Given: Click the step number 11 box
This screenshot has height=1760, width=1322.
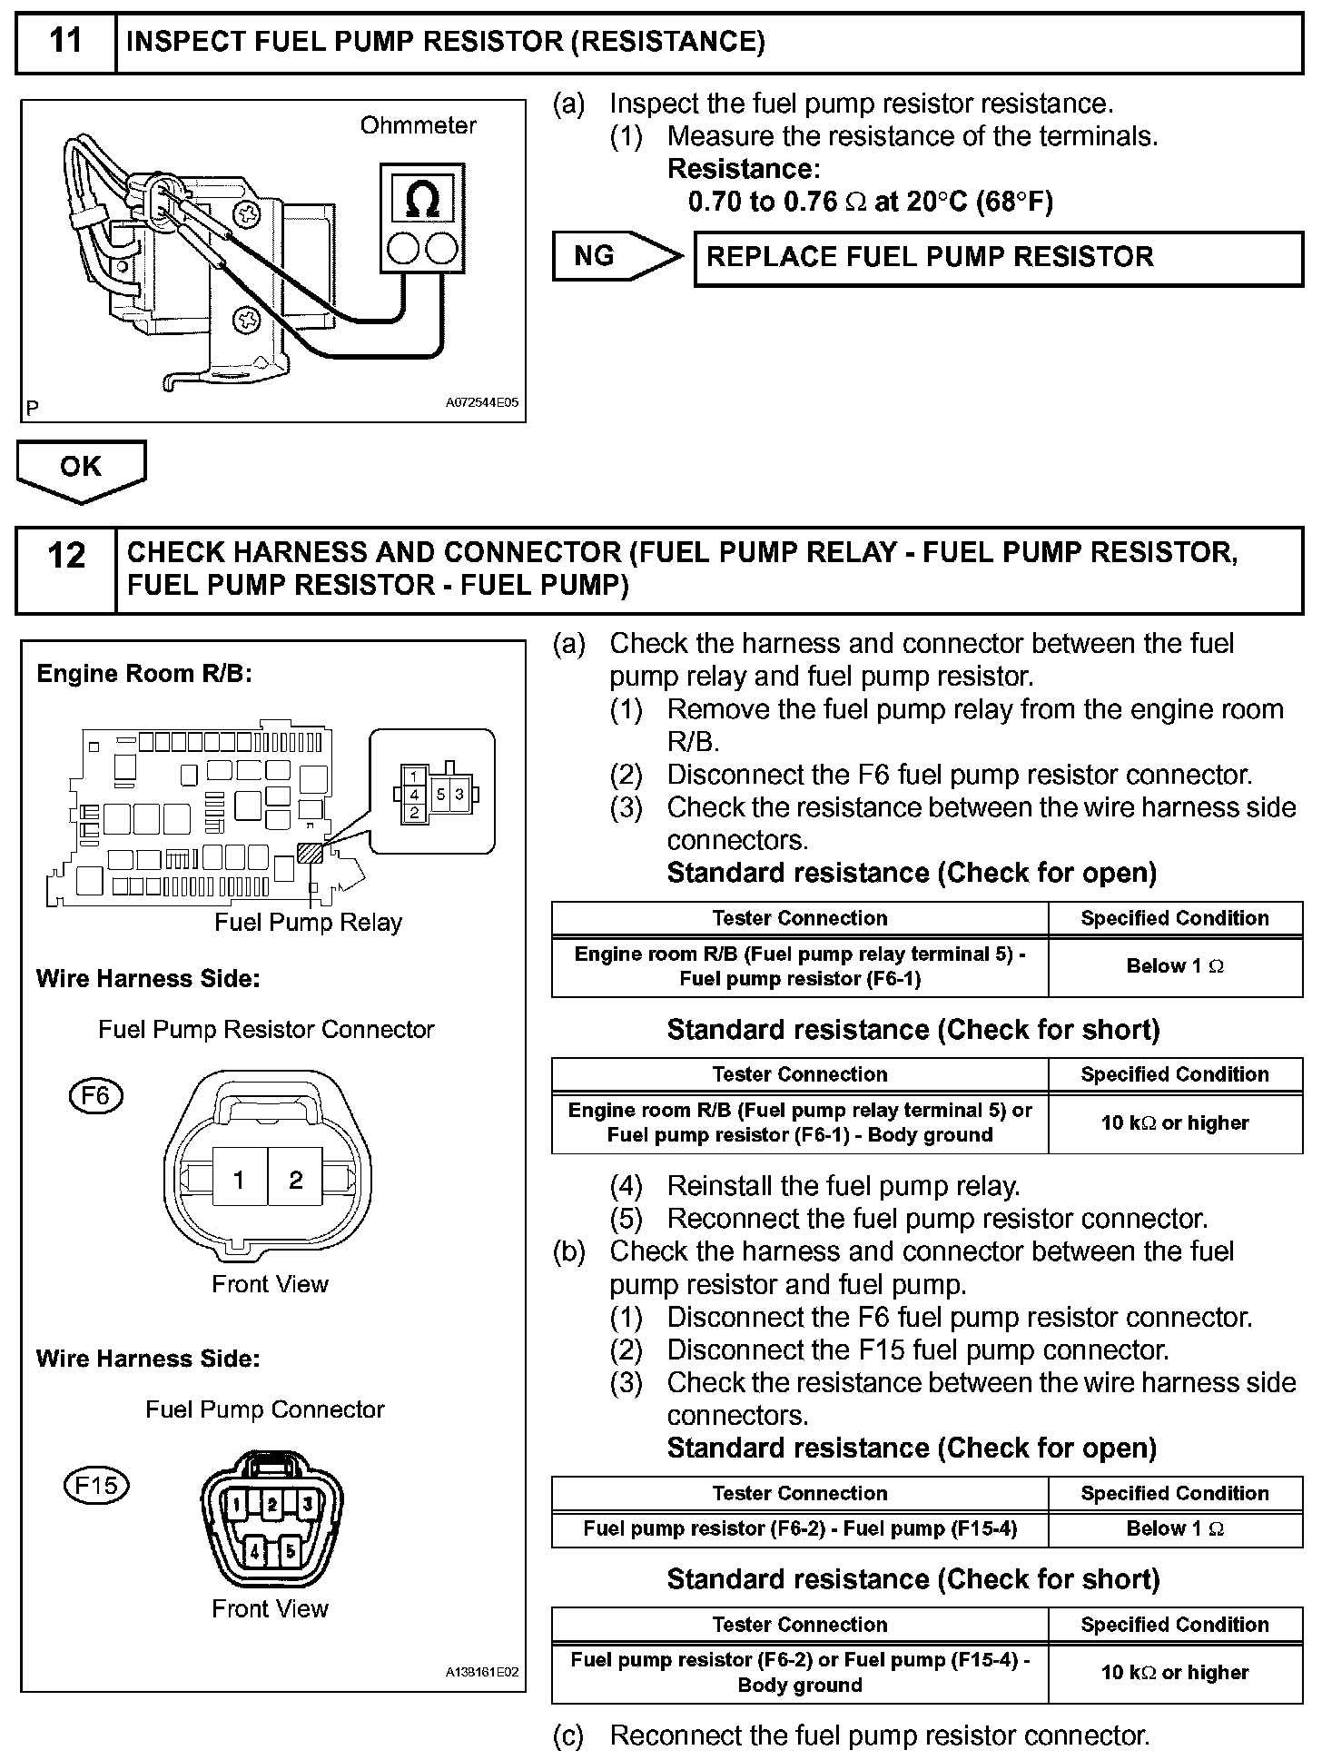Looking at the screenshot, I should click(x=65, y=43).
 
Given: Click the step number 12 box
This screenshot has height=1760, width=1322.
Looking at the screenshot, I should click(x=65, y=570).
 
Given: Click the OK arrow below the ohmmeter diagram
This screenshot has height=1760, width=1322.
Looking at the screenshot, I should click(x=81, y=469).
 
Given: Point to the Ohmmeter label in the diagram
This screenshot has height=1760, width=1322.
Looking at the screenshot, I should click(x=418, y=125).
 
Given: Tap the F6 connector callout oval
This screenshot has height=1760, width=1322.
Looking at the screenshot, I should click(x=95, y=1096).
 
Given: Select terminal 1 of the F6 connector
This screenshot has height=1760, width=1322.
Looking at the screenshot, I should click(x=239, y=1180).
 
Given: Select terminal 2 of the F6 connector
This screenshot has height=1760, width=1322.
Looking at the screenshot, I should click(x=295, y=1180).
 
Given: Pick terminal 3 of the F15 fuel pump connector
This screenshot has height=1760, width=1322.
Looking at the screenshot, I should click(x=307, y=1504).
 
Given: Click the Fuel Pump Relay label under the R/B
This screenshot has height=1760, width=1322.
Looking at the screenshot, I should click(x=308, y=923).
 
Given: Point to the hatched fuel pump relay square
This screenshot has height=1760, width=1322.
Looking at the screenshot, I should click(x=310, y=852).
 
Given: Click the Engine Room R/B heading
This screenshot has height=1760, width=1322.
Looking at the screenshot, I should click(x=143, y=674).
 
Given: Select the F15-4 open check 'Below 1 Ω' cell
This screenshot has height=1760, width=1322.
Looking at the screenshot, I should click(x=1175, y=1529).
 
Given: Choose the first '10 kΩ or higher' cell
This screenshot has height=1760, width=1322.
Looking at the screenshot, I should click(x=1175, y=1123).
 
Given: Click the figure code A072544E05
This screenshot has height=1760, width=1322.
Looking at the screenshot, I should click(x=481, y=403).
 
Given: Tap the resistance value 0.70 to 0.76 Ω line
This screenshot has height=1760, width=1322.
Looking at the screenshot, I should click(x=870, y=202).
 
